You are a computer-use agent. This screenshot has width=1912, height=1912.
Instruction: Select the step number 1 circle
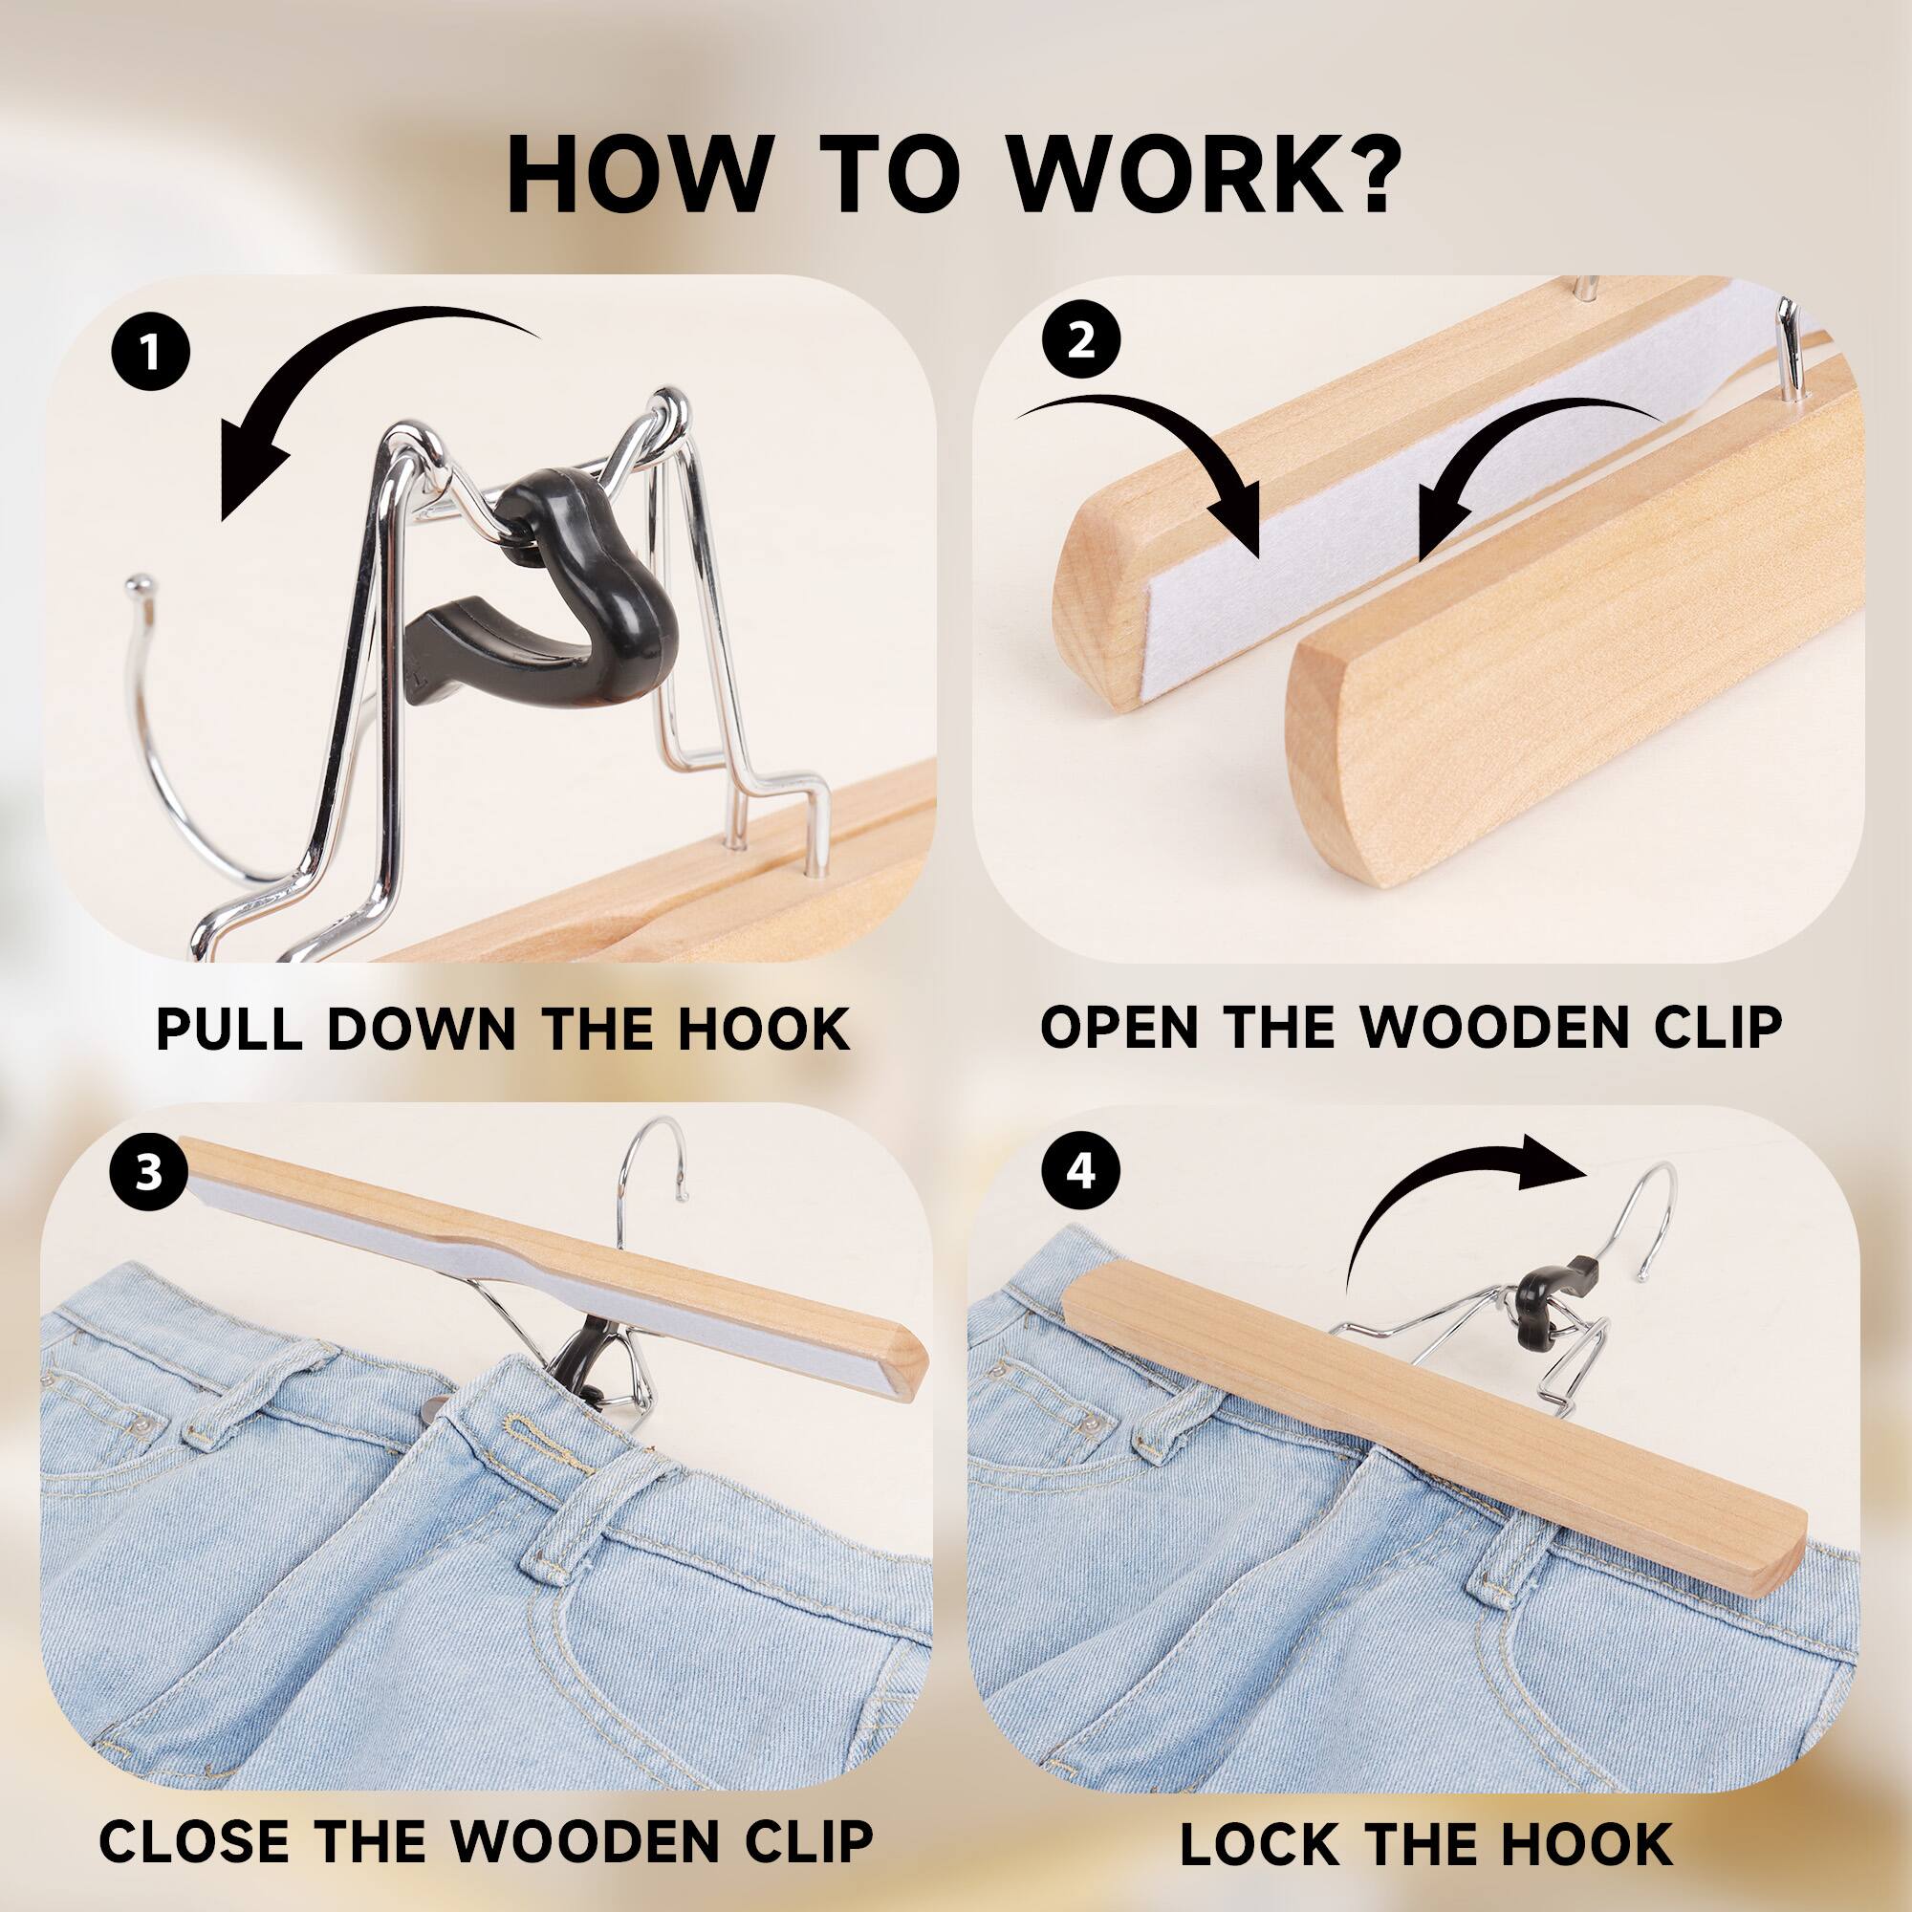tap(150, 354)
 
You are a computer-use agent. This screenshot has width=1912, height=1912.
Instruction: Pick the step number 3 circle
tap(148, 1174)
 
